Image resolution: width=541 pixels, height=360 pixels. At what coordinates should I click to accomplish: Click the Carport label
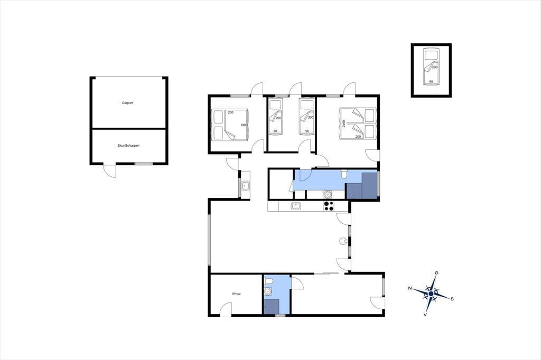click(127, 103)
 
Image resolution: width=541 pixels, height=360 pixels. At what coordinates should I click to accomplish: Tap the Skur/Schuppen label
click(128, 146)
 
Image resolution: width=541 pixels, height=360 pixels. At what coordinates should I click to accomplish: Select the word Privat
click(236, 294)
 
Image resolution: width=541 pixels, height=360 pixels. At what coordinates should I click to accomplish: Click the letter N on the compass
click(410, 288)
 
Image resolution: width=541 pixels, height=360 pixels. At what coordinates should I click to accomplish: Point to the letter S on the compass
click(452, 299)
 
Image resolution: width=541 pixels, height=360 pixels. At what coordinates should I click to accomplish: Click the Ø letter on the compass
click(437, 273)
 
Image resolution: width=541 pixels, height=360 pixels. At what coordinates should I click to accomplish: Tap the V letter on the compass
click(426, 315)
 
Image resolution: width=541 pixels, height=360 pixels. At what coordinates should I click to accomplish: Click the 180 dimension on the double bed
click(243, 125)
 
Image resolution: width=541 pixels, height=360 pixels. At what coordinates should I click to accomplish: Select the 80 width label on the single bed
click(275, 131)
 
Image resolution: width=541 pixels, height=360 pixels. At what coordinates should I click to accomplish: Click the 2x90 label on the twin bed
click(344, 124)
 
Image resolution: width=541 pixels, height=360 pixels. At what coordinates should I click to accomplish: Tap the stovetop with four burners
click(329, 206)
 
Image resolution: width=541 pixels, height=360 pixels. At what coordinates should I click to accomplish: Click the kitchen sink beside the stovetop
click(296, 206)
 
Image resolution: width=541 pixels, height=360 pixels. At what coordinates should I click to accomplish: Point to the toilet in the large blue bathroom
click(343, 175)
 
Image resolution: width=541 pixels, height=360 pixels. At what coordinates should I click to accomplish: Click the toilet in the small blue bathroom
click(268, 283)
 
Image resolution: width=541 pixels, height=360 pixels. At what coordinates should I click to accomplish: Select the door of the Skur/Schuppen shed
click(110, 172)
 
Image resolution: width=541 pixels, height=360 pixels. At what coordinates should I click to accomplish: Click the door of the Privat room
click(226, 309)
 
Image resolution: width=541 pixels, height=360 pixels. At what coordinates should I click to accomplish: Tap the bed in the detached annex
click(431, 67)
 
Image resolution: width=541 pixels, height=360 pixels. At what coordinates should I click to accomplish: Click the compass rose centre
click(431, 293)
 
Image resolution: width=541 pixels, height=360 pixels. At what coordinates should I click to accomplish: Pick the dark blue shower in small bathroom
click(272, 306)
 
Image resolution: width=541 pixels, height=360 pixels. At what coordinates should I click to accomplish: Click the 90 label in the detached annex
click(431, 82)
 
